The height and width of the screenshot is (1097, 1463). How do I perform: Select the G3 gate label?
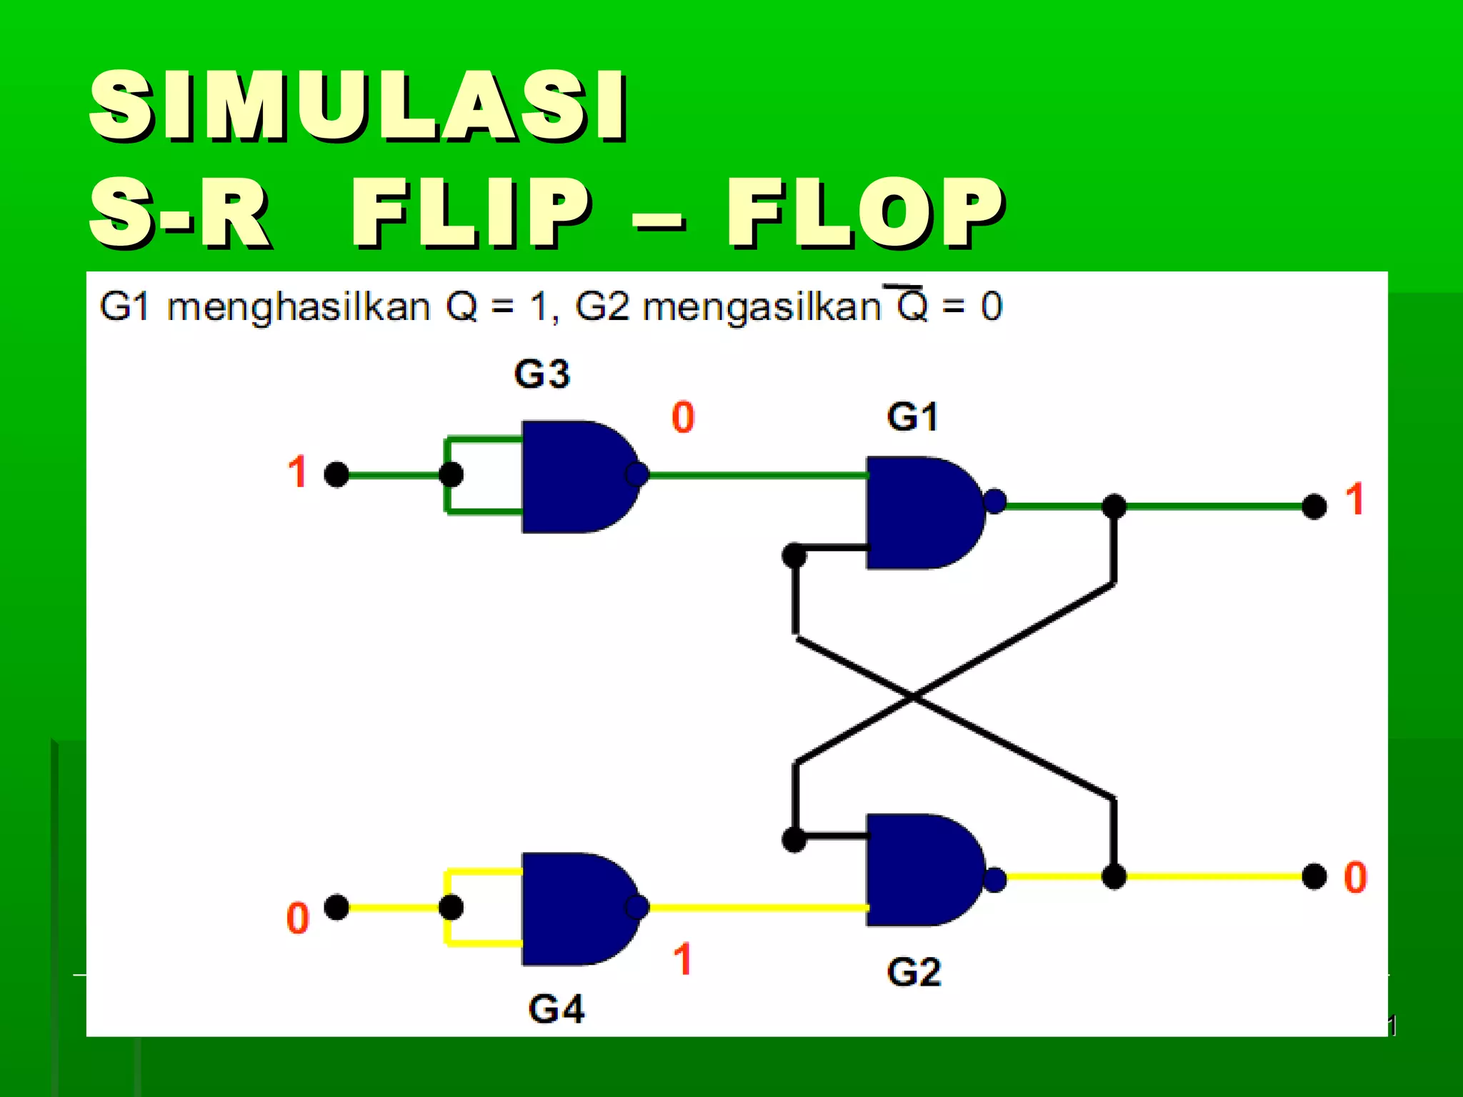pyautogui.click(x=541, y=374)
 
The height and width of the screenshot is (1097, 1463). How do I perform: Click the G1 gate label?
pyautogui.click(x=912, y=417)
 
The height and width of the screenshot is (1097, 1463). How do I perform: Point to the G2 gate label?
pyautogui.click(x=914, y=973)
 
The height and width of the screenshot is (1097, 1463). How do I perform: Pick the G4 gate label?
pyautogui.click(x=556, y=1010)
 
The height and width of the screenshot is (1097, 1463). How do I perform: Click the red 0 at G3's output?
pyautogui.click(x=683, y=417)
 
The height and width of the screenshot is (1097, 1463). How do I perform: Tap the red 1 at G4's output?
pyautogui.click(x=683, y=958)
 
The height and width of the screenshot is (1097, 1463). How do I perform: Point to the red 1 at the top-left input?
pyautogui.click(x=297, y=472)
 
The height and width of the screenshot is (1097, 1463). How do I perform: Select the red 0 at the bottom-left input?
pyautogui.click(x=297, y=918)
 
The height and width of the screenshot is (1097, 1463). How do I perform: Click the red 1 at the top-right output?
pyautogui.click(x=1355, y=499)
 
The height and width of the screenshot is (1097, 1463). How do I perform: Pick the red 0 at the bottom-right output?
pyautogui.click(x=1355, y=877)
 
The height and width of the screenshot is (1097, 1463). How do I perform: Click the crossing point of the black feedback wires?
pyautogui.click(x=913, y=697)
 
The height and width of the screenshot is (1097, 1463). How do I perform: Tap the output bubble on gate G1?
pyautogui.click(x=994, y=501)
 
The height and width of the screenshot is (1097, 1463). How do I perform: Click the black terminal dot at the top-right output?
pyautogui.click(x=1314, y=506)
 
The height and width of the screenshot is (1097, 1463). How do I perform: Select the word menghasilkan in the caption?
pyautogui.click(x=299, y=308)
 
